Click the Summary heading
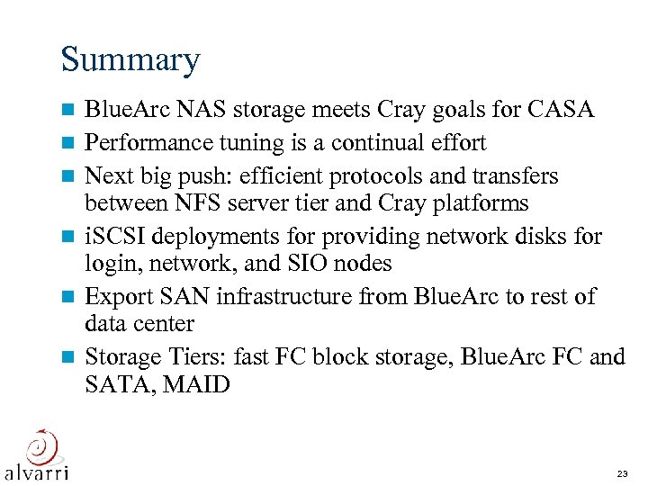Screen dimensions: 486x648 point(130,60)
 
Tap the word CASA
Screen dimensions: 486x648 point(562,111)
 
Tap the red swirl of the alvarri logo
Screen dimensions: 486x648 point(40,445)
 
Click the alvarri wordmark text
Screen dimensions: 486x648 point(37,472)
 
